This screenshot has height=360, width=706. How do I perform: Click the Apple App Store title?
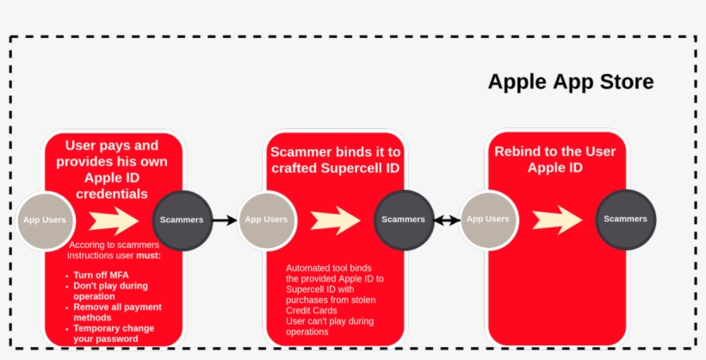[x=570, y=82]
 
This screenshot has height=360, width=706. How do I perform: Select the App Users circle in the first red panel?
[x=45, y=220]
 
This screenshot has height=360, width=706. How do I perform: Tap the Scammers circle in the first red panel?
[x=182, y=220]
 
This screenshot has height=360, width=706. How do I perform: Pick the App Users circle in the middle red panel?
[x=266, y=220]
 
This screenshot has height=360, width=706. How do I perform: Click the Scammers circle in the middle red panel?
[x=403, y=220]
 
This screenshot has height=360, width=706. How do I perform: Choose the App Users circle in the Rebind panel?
[x=488, y=220]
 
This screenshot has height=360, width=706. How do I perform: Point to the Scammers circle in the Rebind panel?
[x=625, y=220]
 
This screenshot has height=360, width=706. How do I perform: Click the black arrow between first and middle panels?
[x=224, y=220]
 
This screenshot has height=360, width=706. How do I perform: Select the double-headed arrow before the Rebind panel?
[x=446, y=220]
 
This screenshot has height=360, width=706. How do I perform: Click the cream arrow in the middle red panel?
[x=335, y=220]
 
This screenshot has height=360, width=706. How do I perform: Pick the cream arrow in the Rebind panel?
[x=557, y=220]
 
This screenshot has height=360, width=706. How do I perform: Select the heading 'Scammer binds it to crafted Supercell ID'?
[x=335, y=160]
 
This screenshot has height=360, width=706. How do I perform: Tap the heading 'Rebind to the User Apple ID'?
[x=555, y=159]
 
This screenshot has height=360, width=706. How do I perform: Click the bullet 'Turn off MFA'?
[x=101, y=275]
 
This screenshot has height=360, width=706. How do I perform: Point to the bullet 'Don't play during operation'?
[x=110, y=290]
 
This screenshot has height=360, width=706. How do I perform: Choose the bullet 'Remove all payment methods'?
[x=117, y=312]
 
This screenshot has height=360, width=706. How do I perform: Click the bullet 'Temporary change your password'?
[x=114, y=333]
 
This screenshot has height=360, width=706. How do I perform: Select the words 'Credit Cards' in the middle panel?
[x=312, y=310]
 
